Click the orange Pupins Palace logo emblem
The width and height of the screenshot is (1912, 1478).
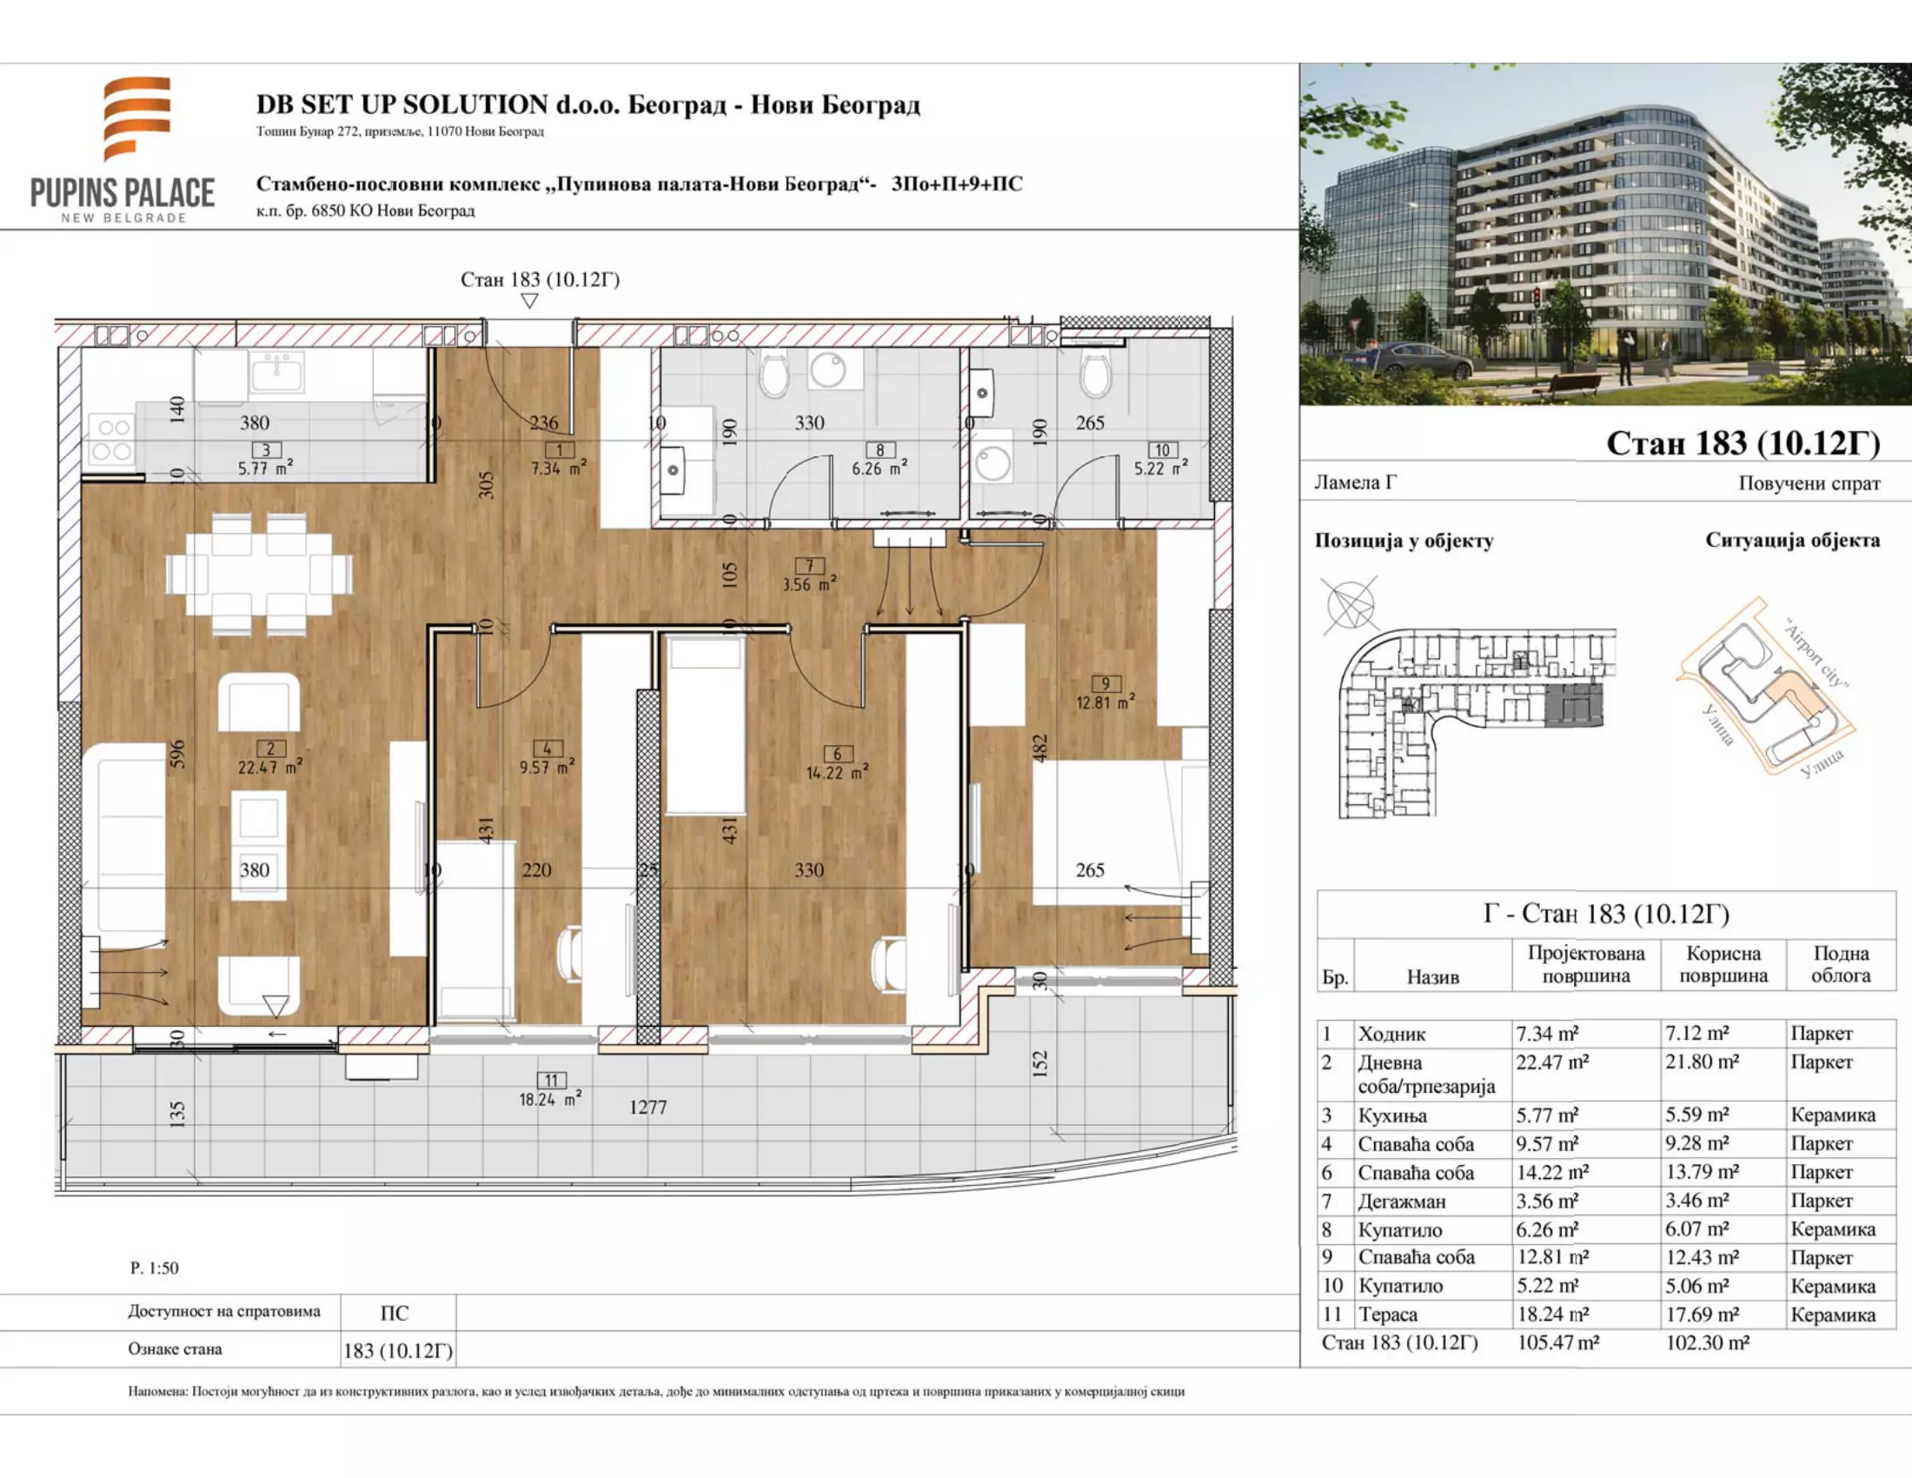[x=136, y=118]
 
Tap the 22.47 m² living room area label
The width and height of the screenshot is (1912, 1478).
[x=269, y=767]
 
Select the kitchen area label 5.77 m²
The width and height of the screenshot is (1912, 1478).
[x=265, y=468]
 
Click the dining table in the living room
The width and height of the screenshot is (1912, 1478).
[x=259, y=575]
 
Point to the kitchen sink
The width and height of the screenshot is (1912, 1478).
[x=276, y=374]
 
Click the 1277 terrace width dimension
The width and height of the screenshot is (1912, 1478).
[x=647, y=1107]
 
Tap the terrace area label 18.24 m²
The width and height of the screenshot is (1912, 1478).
[x=550, y=1099]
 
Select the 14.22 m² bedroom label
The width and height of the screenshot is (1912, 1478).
[x=837, y=772]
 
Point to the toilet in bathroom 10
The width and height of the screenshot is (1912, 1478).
[x=1095, y=374]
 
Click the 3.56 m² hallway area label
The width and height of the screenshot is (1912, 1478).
[x=809, y=584]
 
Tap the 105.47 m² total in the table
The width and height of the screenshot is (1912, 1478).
[x=1558, y=1342]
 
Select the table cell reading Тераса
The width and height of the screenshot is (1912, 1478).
[x=1388, y=1315]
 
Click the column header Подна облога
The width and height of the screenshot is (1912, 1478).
[x=1840, y=964]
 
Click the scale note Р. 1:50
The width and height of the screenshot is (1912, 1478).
[x=154, y=1267]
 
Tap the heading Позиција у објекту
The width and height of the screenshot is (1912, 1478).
[x=1404, y=540]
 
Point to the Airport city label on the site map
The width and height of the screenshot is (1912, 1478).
[x=1816, y=654]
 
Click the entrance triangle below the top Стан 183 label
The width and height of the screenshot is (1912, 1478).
[x=528, y=301]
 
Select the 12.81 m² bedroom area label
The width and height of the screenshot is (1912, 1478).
[x=1105, y=702]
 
